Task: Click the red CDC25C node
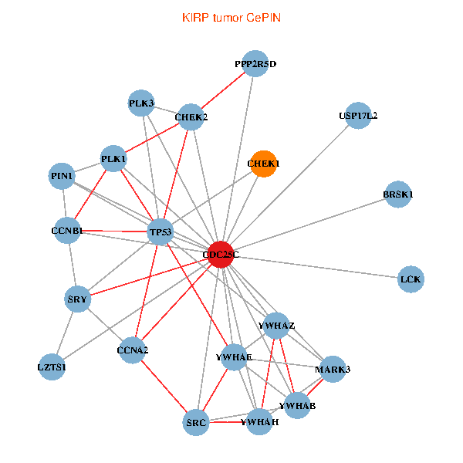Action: pyautogui.click(x=221, y=255)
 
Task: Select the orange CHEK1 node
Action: pyautogui.click(x=263, y=164)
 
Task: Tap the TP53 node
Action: pyautogui.click(x=161, y=231)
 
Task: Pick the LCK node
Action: pyautogui.click(x=412, y=279)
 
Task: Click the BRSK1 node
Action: pyautogui.click(x=398, y=194)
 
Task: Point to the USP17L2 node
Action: pyautogui.click(x=358, y=116)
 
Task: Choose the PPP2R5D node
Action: pyautogui.click(x=255, y=64)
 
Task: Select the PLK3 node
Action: pyautogui.click(x=141, y=103)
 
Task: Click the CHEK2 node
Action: pyautogui.click(x=191, y=117)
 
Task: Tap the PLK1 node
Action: pyautogui.click(x=113, y=159)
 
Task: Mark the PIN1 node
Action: pyautogui.click(x=62, y=176)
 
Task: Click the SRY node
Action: pyautogui.click(x=78, y=299)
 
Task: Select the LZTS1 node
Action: pyautogui.click(x=52, y=367)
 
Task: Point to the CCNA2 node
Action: pyautogui.click(x=133, y=350)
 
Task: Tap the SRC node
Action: pyautogui.click(x=197, y=422)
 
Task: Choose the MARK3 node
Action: pyautogui.click(x=333, y=370)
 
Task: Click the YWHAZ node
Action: pyautogui.click(x=277, y=325)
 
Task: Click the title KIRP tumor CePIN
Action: pyautogui.click(x=231, y=17)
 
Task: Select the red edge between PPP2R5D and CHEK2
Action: pyautogui.click(x=223, y=91)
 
